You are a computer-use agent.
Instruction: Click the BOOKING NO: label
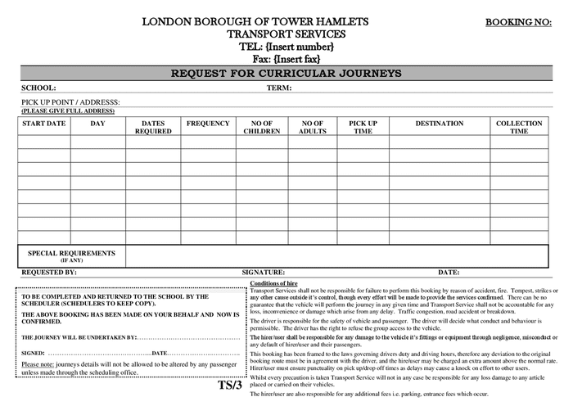tap(519, 22)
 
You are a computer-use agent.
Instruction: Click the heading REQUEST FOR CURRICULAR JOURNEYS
tap(286, 74)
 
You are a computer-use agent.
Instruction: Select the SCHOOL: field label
tap(38, 88)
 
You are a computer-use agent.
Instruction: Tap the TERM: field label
tap(279, 88)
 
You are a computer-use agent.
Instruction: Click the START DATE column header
tap(43, 124)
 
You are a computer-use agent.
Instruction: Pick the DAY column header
tap(97, 124)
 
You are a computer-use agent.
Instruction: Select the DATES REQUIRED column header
tap(153, 127)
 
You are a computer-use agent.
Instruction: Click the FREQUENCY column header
tap(208, 124)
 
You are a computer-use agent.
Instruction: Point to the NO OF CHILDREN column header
tap(262, 127)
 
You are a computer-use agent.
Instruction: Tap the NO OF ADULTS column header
tap(312, 127)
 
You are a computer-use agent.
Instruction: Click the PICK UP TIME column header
tap(363, 127)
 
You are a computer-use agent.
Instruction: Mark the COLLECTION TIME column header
tap(519, 127)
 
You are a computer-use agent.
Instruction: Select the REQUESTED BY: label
tap(49, 272)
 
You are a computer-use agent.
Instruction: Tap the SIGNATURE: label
tap(263, 272)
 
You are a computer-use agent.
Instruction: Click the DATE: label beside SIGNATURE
tap(449, 272)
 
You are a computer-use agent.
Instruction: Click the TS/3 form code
tap(230, 385)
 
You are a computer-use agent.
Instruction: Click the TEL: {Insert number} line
tap(286, 47)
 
